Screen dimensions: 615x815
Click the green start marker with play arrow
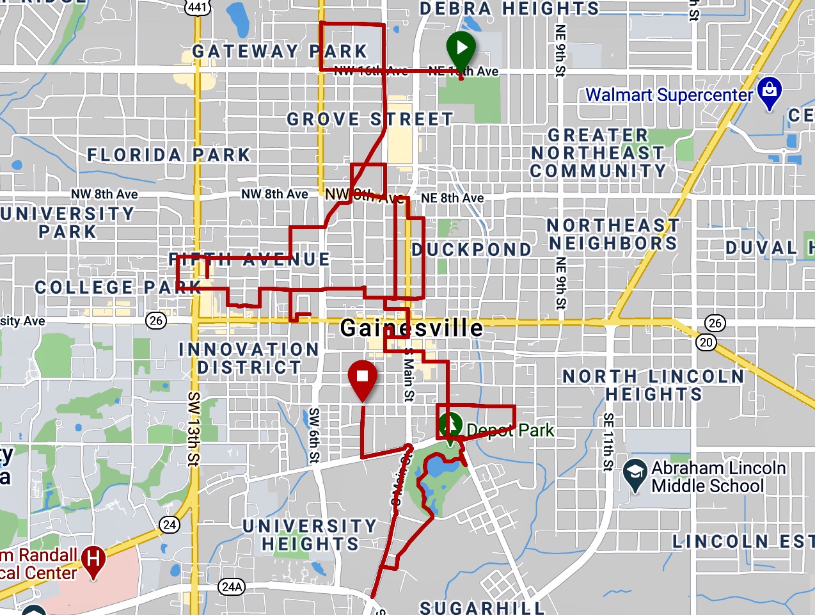click(461, 48)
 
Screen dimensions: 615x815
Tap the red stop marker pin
click(362, 377)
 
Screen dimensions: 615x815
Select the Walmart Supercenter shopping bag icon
click(770, 92)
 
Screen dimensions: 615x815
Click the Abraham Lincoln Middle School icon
click(635, 474)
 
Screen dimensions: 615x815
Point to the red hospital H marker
click(93, 559)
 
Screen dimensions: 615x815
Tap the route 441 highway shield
click(197, 7)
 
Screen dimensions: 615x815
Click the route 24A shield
click(232, 586)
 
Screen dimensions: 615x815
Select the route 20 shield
click(706, 342)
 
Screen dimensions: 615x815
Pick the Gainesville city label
click(411, 328)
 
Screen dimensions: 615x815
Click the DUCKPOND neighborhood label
click(471, 249)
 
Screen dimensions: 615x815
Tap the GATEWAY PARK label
click(280, 51)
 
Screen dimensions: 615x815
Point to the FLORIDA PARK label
click(169, 155)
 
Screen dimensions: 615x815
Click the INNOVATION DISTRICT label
click(249, 358)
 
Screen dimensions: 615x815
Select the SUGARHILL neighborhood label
click(482, 607)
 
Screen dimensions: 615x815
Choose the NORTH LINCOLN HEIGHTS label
click(653, 385)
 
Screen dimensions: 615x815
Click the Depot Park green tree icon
click(451, 425)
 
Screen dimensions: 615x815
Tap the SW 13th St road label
click(193, 429)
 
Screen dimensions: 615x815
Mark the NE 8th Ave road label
click(452, 198)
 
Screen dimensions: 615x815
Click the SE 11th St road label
click(608, 442)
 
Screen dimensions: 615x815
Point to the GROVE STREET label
click(370, 119)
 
